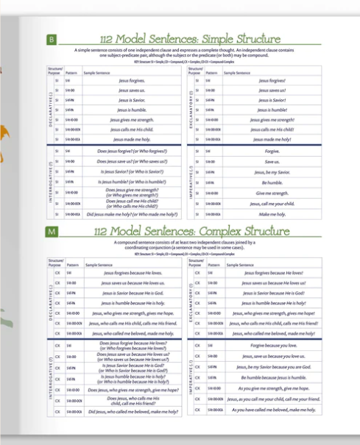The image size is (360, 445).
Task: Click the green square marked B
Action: pos(52,38)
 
